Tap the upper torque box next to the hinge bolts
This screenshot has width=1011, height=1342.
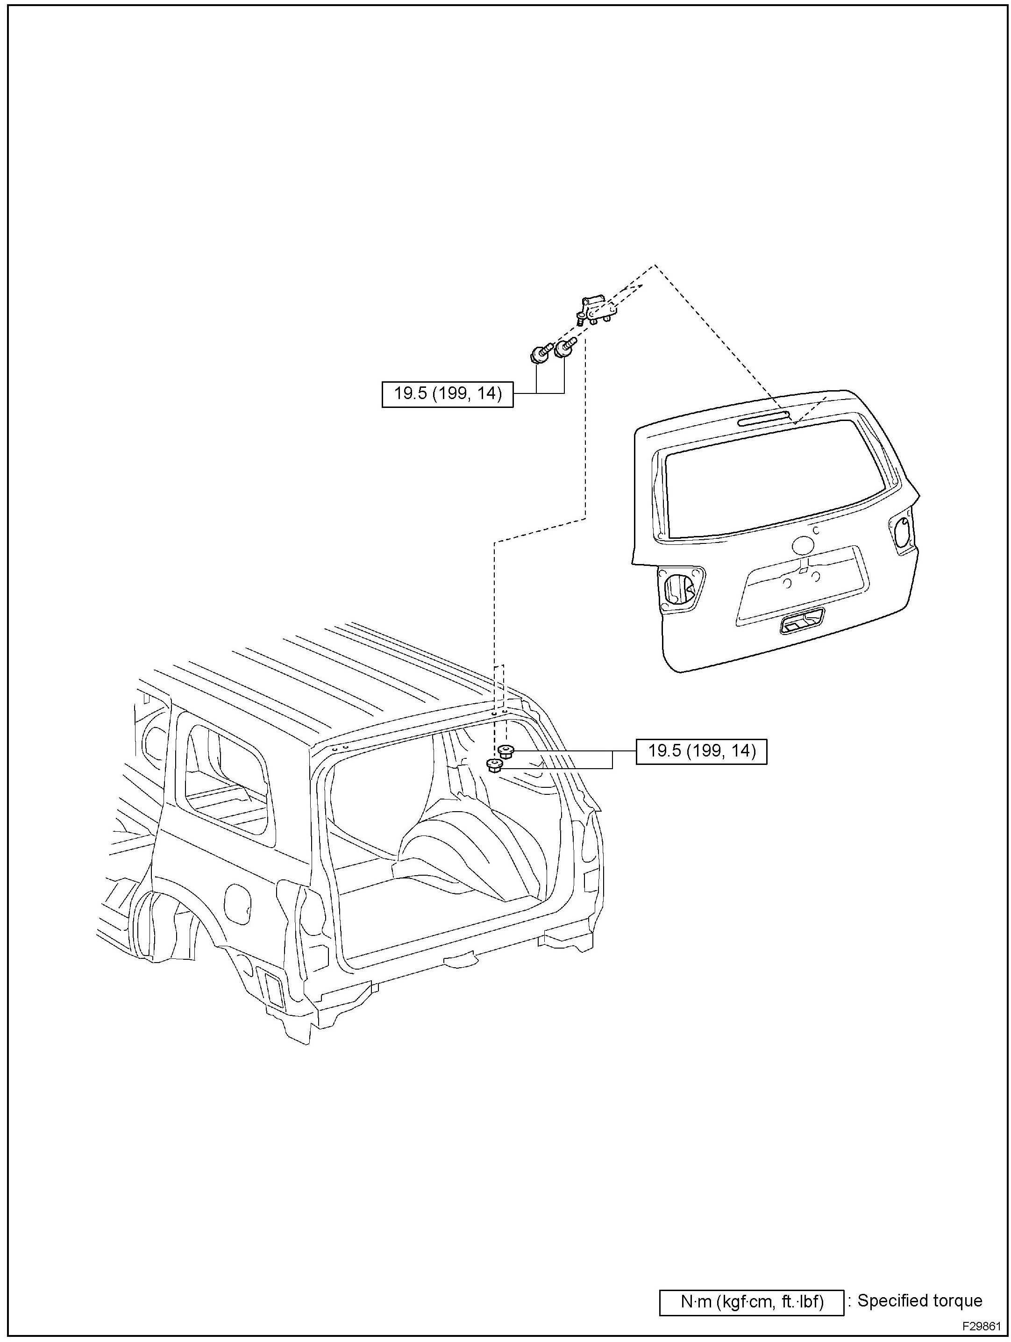[x=448, y=394]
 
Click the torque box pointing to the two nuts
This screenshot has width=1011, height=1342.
[x=701, y=751]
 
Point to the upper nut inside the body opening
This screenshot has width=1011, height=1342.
[x=505, y=753]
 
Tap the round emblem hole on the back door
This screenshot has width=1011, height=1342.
[x=804, y=545]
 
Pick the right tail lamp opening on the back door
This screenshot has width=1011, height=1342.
[x=903, y=532]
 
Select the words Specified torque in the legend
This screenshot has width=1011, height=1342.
[x=919, y=1301]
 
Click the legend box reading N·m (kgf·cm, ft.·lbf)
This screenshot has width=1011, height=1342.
[x=751, y=1302]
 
